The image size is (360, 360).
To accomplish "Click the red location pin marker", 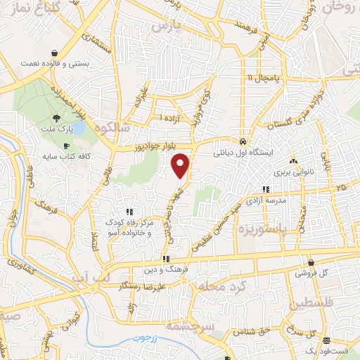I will point(181,165).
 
